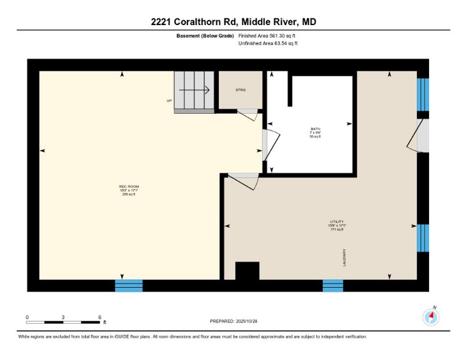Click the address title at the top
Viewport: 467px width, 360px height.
[233, 22]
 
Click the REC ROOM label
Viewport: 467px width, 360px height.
[127, 190]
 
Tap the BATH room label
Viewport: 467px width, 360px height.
[315, 132]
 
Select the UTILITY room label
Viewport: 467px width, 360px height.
[336, 225]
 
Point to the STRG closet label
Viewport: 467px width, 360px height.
[241, 90]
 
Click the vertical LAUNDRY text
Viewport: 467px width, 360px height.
[344, 258]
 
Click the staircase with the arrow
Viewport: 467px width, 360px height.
[194, 92]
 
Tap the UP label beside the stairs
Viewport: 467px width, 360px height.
[169, 100]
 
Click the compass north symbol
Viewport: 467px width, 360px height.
[431, 317]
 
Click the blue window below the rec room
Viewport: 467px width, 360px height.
[129, 285]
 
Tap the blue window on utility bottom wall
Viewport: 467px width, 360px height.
[333, 285]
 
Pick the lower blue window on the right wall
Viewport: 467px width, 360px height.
[423, 238]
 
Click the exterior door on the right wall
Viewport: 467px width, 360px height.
[420, 135]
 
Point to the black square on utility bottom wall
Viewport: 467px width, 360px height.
[248, 271]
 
